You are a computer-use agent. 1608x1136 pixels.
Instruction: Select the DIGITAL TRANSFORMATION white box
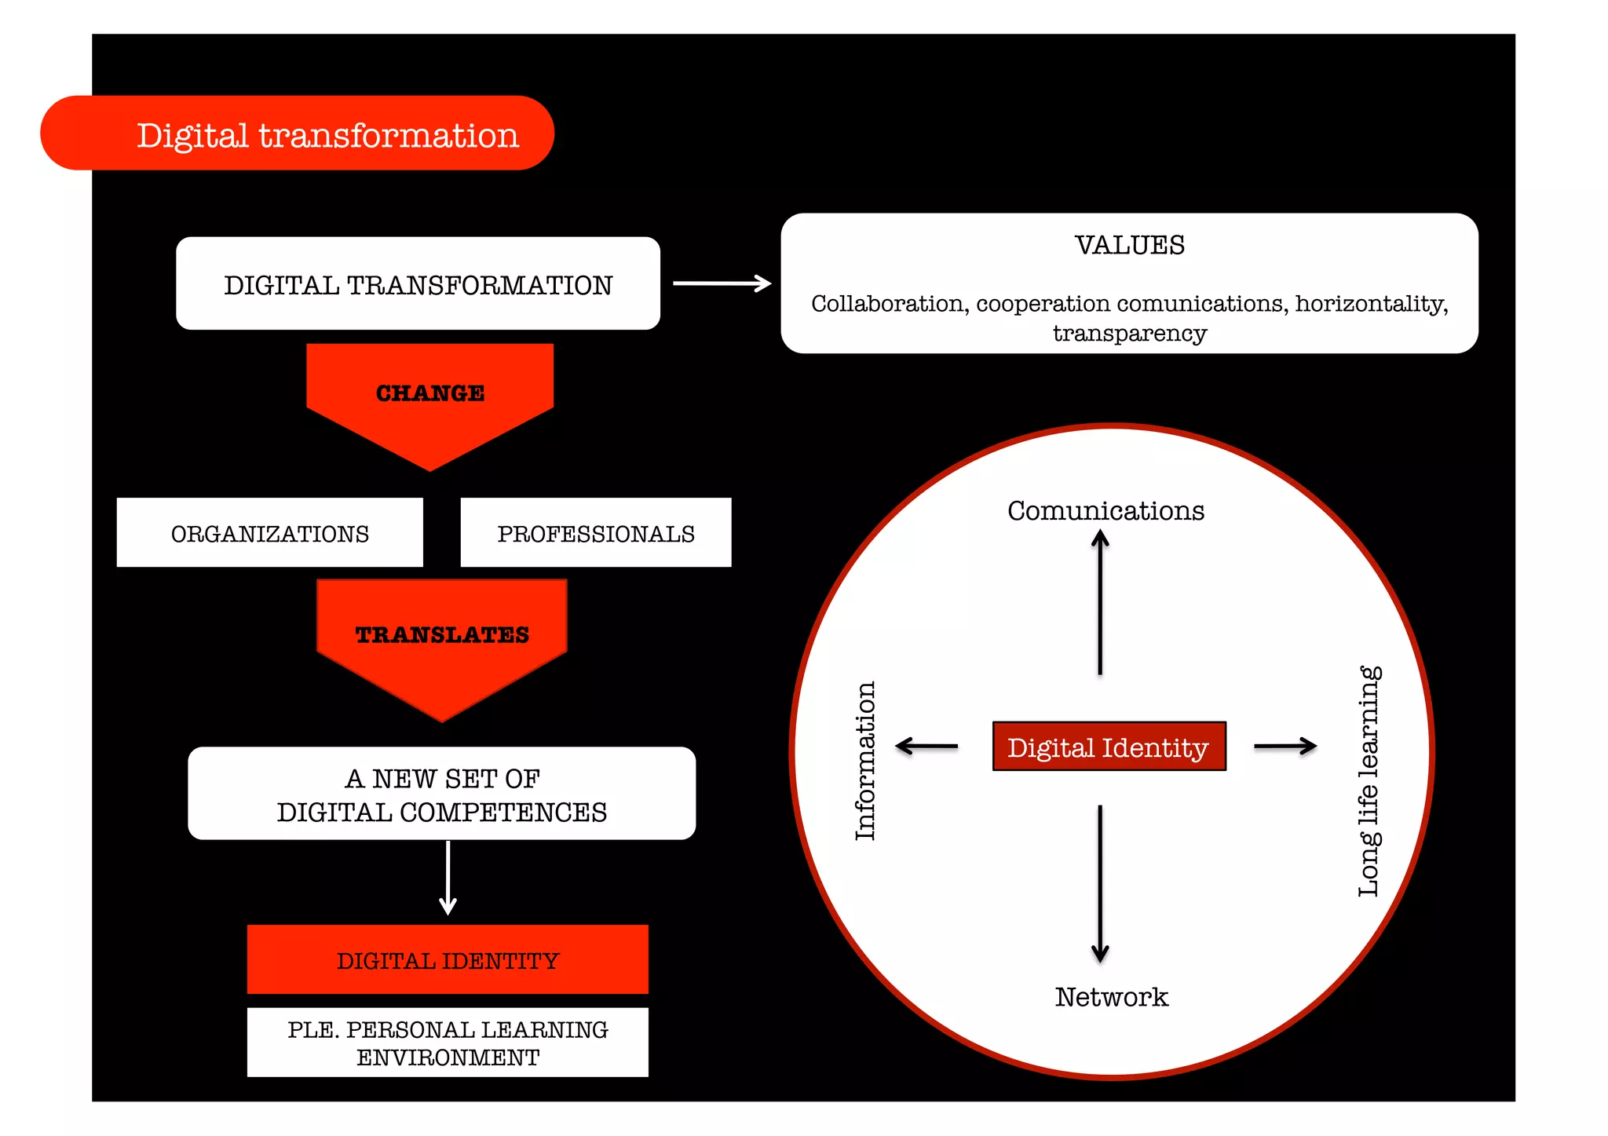(x=418, y=284)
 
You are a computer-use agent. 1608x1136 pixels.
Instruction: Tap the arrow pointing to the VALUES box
(x=722, y=283)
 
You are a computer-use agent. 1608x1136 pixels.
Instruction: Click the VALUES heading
(x=1129, y=245)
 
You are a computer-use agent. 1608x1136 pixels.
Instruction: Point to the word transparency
(x=1129, y=334)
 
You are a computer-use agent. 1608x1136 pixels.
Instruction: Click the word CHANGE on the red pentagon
(x=430, y=393)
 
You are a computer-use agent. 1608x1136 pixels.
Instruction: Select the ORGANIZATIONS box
(x=269, y=533)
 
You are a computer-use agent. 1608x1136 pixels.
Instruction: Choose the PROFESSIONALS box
(x=596, y=533)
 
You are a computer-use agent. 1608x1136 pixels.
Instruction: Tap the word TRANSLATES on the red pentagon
(x=442, y=634)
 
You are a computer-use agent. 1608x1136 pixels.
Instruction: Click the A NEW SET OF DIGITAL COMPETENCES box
(x=441, y=794)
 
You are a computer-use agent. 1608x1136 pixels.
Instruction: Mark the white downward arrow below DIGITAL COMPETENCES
(x=448, y=878)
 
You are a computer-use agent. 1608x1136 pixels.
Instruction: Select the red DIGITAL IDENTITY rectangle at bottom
(x=448, y=960)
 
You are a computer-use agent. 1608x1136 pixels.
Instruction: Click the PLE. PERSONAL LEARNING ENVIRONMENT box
(x=448, y=1043)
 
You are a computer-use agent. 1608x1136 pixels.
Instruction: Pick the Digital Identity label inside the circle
(x=1108, y=747)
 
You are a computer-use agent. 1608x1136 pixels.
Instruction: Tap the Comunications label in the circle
(x=1105, y=510)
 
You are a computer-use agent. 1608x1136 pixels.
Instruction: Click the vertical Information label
(x=865, y=760)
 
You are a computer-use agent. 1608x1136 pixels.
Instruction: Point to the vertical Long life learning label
(x=1369, y=781)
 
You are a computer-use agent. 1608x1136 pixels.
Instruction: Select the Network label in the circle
(x=1111, y=996)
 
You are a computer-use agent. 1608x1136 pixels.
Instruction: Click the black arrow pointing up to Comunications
(x=1100, y=601)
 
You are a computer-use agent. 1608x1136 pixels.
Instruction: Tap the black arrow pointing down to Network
(x=1100, y=883)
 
